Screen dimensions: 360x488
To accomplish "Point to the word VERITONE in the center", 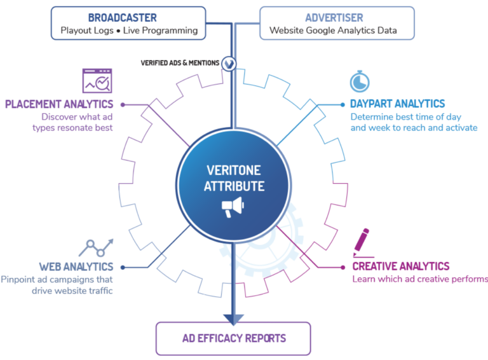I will click(233, 170).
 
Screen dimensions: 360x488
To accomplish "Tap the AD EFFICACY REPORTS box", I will click(233, 338).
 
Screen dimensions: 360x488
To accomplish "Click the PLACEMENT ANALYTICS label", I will click(59, 104).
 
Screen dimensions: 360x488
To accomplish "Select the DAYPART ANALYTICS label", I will click(398, 103).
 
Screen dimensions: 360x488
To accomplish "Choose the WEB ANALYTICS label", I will click(76, 266).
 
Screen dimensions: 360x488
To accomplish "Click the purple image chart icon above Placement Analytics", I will click(97, 80).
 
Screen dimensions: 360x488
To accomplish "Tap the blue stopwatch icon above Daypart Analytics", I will click(360, 81).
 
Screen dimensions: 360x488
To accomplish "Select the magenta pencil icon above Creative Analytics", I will click(363, 242).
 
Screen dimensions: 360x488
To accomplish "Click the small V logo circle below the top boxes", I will click(229, 63).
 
